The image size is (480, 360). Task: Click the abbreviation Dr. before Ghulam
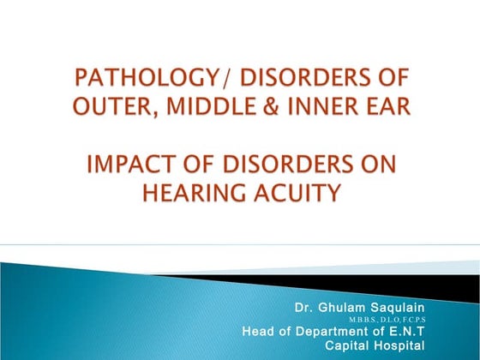tap(303, 306)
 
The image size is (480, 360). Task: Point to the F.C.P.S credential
tap(411, 319)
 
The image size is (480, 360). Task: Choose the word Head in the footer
tap(258, 331)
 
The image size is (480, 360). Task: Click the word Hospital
tap(399, 345)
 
